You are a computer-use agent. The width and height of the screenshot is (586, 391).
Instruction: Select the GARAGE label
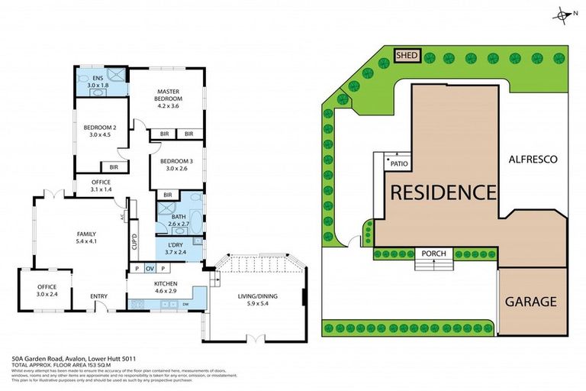click(x=530, y=301)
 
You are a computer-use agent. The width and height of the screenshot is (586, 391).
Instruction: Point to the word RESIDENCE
click(x=443, y=192)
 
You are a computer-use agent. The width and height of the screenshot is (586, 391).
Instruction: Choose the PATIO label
click(x=398, y=163)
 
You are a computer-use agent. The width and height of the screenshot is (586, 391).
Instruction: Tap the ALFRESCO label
click(x=533, y=159)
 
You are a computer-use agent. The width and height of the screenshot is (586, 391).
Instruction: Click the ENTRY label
click(x=98, y=296)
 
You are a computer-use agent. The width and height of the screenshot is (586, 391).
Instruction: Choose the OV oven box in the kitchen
click(x=150, y=269)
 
